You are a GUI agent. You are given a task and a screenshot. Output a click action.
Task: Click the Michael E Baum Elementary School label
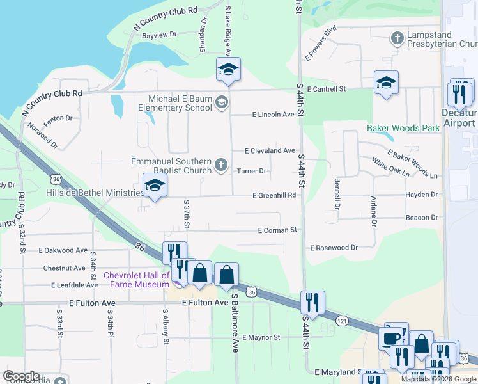[180, 103]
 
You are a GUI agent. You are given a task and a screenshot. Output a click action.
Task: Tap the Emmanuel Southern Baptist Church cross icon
[221, 166]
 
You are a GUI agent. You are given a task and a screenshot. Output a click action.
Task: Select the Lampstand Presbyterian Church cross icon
[397, 38]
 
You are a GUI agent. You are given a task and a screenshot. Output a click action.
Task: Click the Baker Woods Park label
[403, 128]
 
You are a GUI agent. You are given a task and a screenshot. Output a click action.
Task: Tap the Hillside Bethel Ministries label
[95, 193]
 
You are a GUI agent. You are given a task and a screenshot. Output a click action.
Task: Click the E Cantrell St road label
[326, 89]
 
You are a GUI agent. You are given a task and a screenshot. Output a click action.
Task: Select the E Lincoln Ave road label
[273, 115]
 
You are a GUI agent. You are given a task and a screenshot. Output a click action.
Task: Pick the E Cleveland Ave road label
[271, 151]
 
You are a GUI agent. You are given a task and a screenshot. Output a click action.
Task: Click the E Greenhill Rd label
[274, 195]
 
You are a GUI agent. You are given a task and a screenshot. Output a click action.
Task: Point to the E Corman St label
[277, 230]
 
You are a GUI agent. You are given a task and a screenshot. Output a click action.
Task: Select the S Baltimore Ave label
[235, 323]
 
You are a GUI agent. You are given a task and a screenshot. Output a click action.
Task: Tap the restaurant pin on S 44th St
[312, 301]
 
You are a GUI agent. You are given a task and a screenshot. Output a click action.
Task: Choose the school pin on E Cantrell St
[386, 83]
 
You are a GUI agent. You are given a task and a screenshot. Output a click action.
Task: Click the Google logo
[21, 376]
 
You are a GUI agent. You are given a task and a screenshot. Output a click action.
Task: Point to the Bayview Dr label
[158, 36]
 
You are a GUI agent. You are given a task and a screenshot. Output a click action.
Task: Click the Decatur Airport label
[458, 118]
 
